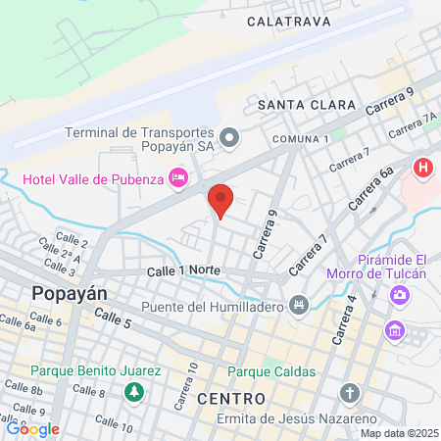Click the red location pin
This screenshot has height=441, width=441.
pyautogui.click(x=220, y=201)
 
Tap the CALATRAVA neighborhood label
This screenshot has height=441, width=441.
pyautogui.click(x=288, y=20)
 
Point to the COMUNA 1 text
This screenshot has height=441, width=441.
pyautogui.click(x=301, y=139)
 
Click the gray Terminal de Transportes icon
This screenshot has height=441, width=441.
pyautogui.click(x=229, y=137)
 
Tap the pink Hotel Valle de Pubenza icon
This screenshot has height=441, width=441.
pyautogui.click(x=178, y=176)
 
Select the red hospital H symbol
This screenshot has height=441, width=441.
pyautogui.click(x=424, y=168)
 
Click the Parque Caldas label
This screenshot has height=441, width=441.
pyautogui.click(x=272, y=371)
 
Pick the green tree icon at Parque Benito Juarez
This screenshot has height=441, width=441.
pyautogui.click(x=133, y=392)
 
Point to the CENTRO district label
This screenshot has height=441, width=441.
pyautogui.click(x=230, y=399)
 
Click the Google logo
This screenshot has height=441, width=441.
pyautogui.click(x=33, y=428)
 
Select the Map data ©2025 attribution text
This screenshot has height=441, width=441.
pyautogui.click(x=399, y=433)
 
